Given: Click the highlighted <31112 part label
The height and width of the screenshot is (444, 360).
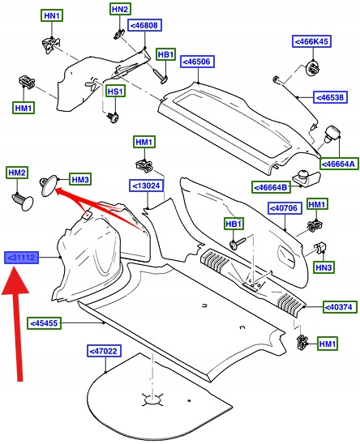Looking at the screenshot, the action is (21, 258).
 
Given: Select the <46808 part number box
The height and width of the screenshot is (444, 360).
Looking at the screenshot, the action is (144, 25).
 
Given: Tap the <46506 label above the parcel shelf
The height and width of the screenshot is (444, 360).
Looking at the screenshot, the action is (197, 62).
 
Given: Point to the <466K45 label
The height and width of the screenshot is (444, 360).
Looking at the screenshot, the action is (312, 41).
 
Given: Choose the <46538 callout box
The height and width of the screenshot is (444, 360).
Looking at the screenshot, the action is (330, 97).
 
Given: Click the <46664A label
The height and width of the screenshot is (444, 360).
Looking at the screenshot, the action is (339, 164).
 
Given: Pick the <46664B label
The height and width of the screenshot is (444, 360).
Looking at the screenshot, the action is (272, 187).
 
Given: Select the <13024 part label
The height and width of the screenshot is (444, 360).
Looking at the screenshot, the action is (146, 186).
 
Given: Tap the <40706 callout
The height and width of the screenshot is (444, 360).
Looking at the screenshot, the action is (285, 208).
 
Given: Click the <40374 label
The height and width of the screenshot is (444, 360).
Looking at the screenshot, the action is (339, 306).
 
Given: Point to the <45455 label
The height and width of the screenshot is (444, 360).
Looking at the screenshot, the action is (45, 323).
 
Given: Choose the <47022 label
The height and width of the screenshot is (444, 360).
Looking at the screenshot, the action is (104, 351).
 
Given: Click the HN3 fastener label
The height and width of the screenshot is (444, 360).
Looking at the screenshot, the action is (324, 267).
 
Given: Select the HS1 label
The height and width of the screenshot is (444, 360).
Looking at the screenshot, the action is (116, 92).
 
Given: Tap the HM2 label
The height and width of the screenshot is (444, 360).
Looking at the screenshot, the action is (17, 173).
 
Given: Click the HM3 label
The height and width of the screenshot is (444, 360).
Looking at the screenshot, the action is (80, 179).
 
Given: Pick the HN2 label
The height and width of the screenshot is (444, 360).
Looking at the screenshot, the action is (120, 9).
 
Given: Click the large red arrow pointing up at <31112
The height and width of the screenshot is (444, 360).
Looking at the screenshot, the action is (16, 325).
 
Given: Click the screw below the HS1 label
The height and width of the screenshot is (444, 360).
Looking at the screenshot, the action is (113, 117).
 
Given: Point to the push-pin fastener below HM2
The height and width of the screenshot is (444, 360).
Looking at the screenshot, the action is (24, 200).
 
